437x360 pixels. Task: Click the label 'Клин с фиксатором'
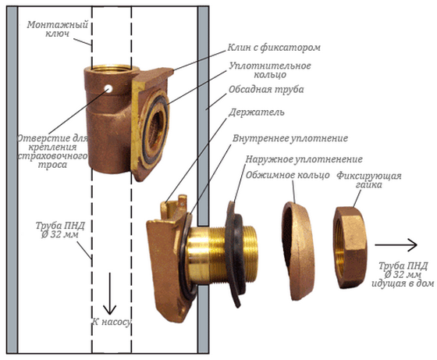click(x=274, y=48)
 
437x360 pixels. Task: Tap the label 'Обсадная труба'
click(x=266, y=90)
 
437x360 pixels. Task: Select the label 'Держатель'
click(x=257, y=112)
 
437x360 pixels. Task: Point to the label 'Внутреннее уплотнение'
click(x=290, y=138)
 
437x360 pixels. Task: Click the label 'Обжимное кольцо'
click(x=287, y=175)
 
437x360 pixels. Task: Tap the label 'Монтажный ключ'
click(x=58, y=29)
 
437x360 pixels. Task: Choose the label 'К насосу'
click(x=112, y=322)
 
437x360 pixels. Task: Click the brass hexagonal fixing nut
click(x=350, y=248)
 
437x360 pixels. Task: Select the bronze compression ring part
click(x=298, y=251)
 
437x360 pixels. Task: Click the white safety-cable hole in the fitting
click(x=108, y=89)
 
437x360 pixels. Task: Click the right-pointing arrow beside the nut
click(x=396, y=245)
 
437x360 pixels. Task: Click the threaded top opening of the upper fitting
click(x=112, y=69)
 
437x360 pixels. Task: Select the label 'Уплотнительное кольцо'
click(x=270, y=70)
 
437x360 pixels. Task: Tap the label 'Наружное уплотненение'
click(x=304, y=159)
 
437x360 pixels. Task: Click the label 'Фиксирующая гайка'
click(x=369, y=180)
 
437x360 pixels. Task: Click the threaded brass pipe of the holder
click(x=222, y=256)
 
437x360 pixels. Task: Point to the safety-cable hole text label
click(x=52, y=151)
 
